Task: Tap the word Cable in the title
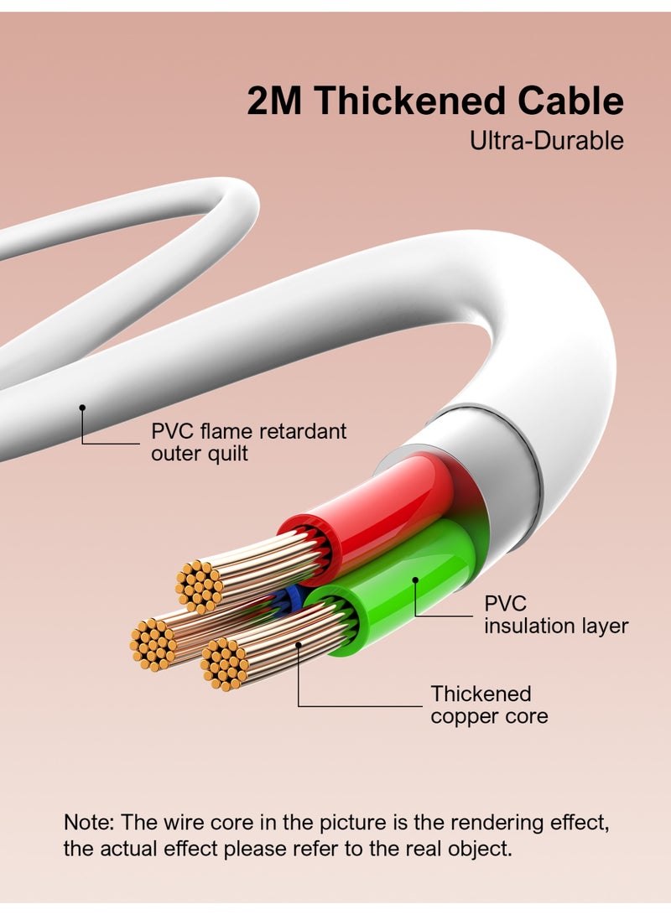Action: click(x=570, y=101)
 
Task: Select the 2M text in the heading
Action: click(x=276, y=101)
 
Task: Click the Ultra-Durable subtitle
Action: click(x=546, y=140)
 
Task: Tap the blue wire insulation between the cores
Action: click(x=290, y=598)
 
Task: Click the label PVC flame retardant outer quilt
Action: click(x=248, y=443)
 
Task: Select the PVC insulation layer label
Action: click(x=555, y=615)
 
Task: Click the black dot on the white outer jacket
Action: click(x=82, y=408)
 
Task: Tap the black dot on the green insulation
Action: click(x=414, y=580)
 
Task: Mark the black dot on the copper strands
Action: click(x=299, y=644)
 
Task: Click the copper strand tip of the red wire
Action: click(x=199, y=585)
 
